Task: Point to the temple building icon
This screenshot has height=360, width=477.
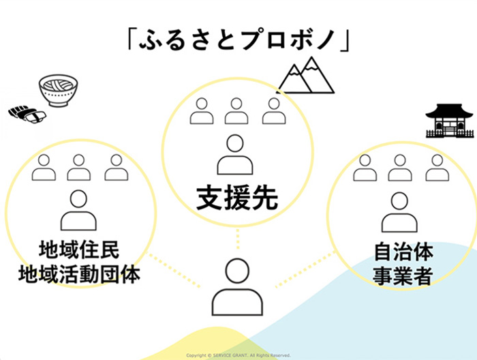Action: tap(449, 121)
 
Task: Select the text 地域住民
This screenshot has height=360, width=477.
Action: tap(80, 252)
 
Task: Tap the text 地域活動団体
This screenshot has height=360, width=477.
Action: tap(80, 275)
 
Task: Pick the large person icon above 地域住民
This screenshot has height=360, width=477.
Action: tap(79, 210)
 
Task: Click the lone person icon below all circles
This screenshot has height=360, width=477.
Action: tap(237, 286)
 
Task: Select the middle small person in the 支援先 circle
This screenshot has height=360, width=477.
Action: tap(236, 111)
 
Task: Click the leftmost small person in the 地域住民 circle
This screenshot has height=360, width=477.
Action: tap(44, 167)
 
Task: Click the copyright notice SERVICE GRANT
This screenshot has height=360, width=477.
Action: tap(238, 355)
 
